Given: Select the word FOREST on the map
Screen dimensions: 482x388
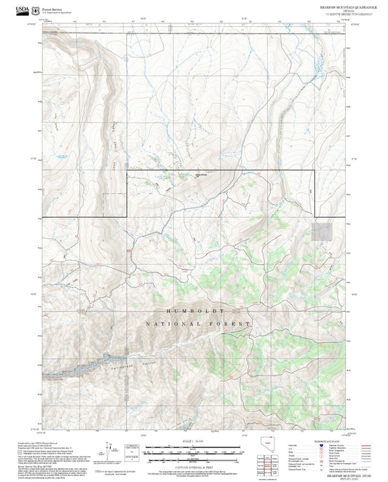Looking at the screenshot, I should pyautogui.click(x=232, y=323).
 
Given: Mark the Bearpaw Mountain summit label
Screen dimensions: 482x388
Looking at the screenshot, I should pyautogui.click(x=200, y=174).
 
